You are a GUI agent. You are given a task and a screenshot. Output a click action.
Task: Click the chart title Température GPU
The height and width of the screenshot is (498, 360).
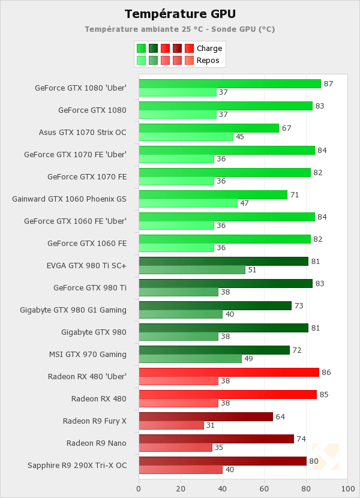[180, 14]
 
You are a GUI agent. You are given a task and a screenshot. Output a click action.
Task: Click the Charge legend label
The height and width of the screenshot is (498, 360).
[209, 49]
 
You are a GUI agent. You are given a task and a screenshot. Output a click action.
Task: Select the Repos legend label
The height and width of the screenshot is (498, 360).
[208, 61]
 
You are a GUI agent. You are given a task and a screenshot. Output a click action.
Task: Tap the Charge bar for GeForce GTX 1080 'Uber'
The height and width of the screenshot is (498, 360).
[230, 83]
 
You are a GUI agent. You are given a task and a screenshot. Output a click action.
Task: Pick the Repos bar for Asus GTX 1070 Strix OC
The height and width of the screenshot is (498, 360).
[186, 137]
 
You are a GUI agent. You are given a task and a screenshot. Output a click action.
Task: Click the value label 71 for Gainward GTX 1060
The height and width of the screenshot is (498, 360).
[295, 195]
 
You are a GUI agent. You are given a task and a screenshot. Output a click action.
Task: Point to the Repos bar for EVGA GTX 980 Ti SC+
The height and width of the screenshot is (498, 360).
[192, 270]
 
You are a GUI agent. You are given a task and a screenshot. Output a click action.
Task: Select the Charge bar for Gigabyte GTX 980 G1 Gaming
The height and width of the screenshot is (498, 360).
[215, 305]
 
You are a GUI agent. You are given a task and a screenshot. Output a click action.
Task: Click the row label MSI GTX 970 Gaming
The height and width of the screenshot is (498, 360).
[88, 355]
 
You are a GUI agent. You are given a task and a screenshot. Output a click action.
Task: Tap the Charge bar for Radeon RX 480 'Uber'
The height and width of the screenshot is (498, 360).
[229, 372]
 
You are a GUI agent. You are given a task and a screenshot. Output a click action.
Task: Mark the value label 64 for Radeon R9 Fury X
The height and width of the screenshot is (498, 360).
[280, 417]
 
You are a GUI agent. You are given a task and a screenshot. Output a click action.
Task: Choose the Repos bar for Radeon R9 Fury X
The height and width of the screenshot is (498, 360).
[171, 425]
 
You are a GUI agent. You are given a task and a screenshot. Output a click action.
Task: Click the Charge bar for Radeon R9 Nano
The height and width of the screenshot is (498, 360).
[216, 439]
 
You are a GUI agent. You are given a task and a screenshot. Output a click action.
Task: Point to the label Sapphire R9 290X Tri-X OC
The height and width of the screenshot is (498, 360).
[77, 466]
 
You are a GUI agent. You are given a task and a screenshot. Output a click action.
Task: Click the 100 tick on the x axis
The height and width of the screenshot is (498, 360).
[347, 489]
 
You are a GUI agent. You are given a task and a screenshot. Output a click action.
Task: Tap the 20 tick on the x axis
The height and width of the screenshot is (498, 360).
[181, 489]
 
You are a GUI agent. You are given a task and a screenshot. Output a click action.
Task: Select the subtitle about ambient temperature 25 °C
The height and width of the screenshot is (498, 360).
[180, 29]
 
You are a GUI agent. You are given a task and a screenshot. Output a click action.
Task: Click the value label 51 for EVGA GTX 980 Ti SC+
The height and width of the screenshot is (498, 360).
[253, 270]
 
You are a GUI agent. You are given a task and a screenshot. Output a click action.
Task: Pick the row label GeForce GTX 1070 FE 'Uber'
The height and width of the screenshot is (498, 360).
[75, 155]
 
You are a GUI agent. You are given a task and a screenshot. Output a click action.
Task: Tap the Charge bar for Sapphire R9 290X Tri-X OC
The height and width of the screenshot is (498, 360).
[223, 461]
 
